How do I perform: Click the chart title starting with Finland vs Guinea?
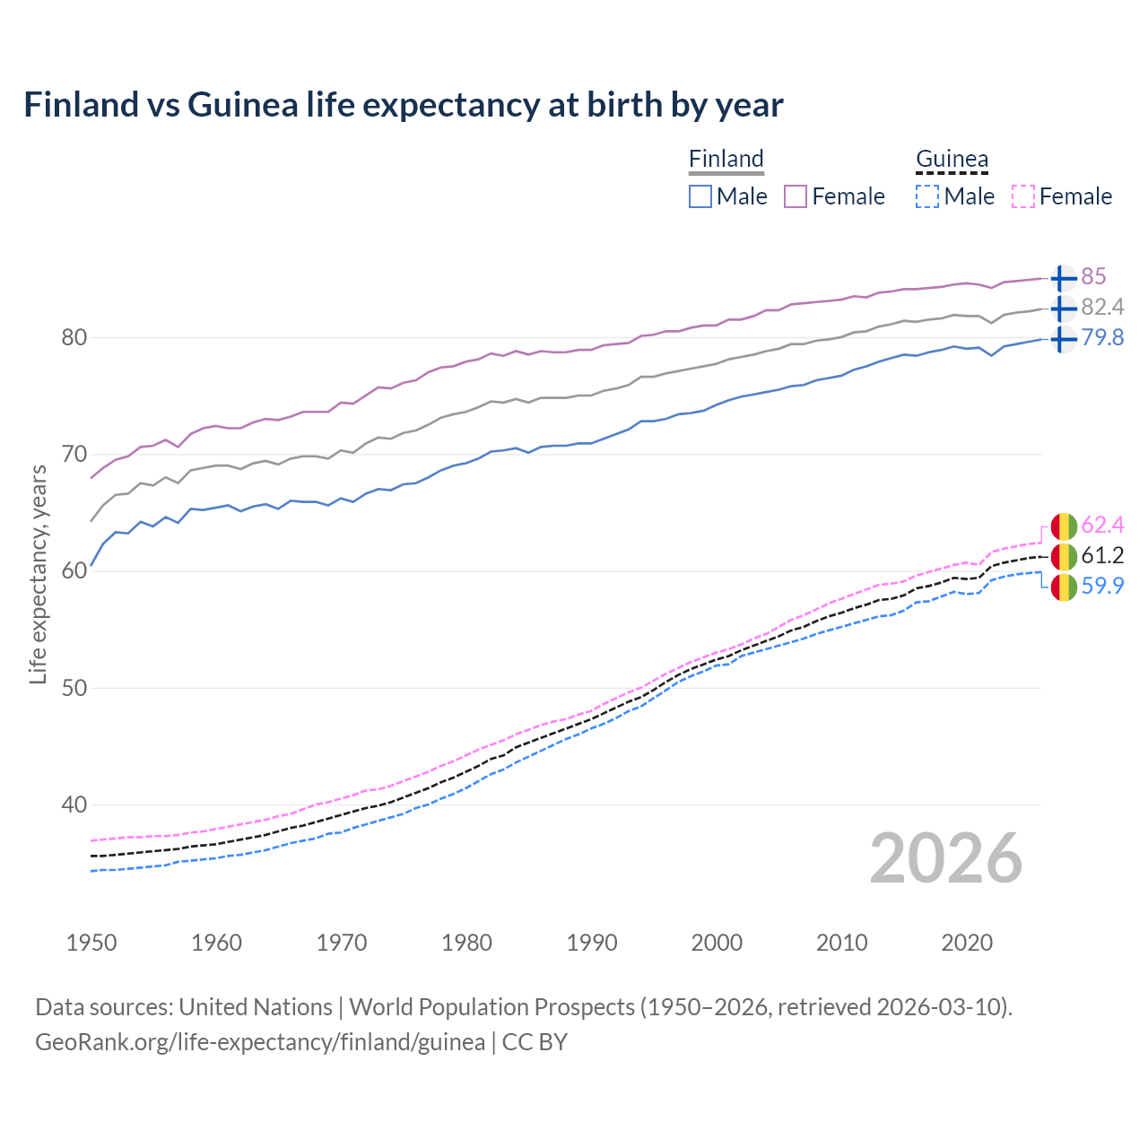pos(404,105)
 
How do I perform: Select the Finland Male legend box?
pos(700,196)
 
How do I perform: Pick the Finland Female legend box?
pos(796,196)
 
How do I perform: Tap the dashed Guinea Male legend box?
pos(927,196)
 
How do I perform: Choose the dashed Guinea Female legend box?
pos(1023,196)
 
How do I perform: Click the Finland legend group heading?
pos(726,159)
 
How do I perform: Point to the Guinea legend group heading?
pos(952,159)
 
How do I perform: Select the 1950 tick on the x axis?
pos(91,943)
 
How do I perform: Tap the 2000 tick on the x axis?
pos(717,943)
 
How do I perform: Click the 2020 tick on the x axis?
pos(967,943)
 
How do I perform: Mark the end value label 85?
pos(1093,276)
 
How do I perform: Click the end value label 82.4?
pos(1102,307)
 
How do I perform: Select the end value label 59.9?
pos(1102,586)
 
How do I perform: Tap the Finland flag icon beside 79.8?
pos(1063,339)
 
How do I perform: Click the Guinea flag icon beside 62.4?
pos(1063,526)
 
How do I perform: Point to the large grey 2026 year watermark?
pos(946,858)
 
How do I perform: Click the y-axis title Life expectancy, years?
pos(38,574)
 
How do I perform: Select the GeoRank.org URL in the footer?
pos(260,1042)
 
